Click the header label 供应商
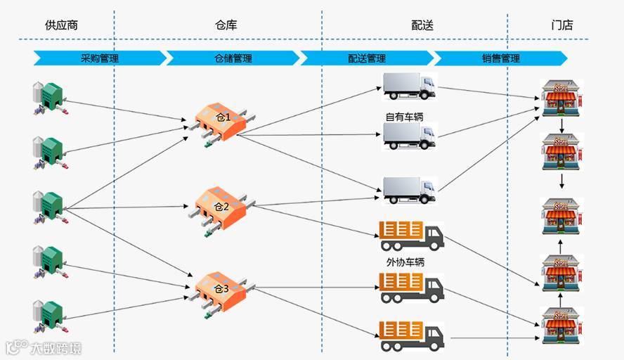coord(61,25)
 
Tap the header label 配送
coord(422,25)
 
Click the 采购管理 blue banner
coord(99,58)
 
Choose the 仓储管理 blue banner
coord(232,58)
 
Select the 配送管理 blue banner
coord(366,58)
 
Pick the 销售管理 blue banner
coord(500,58)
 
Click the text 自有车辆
coord(405,117)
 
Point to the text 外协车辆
coord(405,262)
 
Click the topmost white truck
coord(409,86)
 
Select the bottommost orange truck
coord(411,336)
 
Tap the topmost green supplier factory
coord(48,96)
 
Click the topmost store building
coord(561,97)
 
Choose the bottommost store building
coord(561,325)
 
